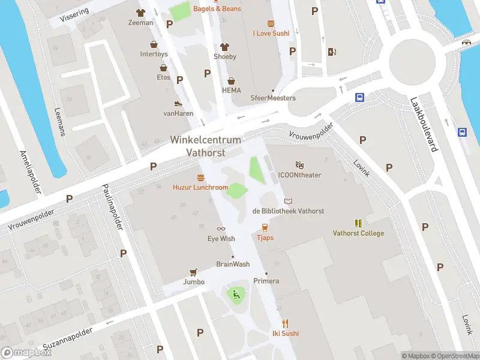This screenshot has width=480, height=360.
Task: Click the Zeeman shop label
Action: coord(140,23)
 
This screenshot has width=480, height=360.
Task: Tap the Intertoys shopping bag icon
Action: coord(154,44)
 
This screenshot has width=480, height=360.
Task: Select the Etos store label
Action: coord(164,77)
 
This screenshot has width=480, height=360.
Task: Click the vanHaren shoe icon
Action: coord(178,103)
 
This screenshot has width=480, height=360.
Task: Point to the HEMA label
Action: coord(231,91)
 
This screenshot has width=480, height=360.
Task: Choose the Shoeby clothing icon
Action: coord(225,47)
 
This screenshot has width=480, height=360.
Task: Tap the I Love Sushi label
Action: coord(271,34)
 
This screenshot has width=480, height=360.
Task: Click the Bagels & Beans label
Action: coord(217,9)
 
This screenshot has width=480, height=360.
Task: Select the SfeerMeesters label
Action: coord(273,98)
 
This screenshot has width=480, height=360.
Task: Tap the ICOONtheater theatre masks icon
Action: coord(299,165)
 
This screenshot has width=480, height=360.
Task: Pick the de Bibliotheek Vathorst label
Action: coord(288,211)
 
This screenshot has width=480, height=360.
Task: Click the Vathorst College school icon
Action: coord(358,223)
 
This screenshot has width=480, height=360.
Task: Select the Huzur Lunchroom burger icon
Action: coord(200,178)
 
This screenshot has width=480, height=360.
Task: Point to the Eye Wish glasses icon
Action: coord(221,229)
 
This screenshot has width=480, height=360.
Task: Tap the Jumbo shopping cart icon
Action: coord(194,272)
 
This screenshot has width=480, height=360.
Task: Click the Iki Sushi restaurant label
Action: coord(285,334)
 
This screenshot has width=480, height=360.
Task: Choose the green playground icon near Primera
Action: coord(235,294)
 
